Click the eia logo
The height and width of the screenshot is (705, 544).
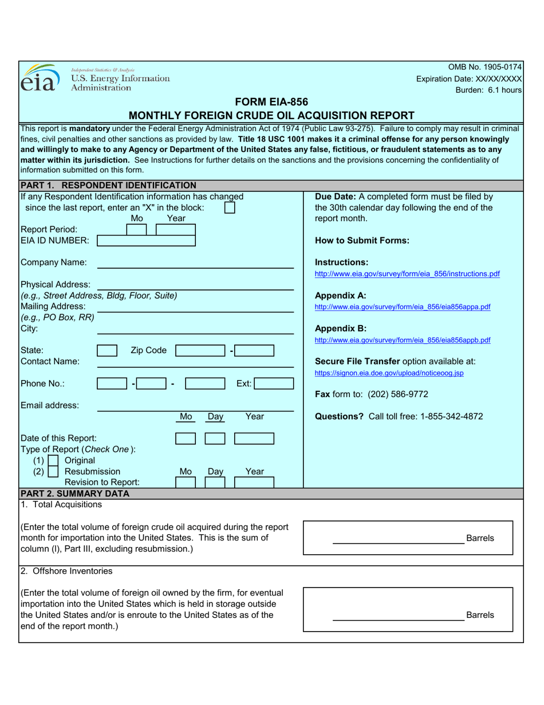click(39, 79)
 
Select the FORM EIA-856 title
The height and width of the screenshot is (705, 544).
click(271, 103)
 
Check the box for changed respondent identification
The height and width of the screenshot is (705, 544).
click(229, 207)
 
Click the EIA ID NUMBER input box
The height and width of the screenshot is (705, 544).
click(146, 241)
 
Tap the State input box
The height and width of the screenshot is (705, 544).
click(107, 351)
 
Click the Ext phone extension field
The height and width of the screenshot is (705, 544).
click(273, 383)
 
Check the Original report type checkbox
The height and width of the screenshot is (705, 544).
click(53, 461)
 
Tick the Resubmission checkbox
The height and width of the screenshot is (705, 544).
click(53, 472)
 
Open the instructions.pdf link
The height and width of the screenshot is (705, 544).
click(407, 274)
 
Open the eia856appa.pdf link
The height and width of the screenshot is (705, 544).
click(403, 307)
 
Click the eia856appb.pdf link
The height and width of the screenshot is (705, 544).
click(403, 340)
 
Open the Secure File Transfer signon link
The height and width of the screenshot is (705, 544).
click(389, 373)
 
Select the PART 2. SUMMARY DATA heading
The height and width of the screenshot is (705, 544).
click(75, 493)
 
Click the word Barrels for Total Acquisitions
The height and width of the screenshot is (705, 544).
click(480, 539)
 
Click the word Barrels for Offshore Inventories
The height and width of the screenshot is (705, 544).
click(480, 615)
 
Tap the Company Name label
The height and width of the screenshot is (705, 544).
click(54, 263)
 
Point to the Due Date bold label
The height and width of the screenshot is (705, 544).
click(336, 197)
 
